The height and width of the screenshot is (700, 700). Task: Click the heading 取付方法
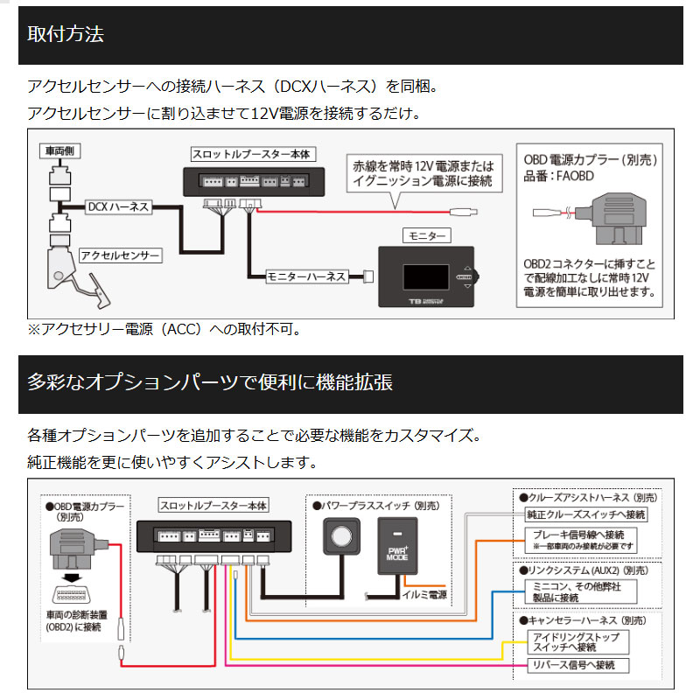pyautogui.click(x=66, y=36)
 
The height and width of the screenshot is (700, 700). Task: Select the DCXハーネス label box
pyautogui.click(x=118, y=207)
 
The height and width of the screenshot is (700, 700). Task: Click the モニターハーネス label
pyautogui.click(x=306, y=277)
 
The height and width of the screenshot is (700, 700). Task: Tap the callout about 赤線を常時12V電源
pyautogui.click(x=423, y=174)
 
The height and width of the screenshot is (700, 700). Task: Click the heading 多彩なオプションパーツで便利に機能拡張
pyautogui.click(x=210, y=382)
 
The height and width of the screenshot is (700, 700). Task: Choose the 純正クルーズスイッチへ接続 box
pyautogui.click(x=585, y=514)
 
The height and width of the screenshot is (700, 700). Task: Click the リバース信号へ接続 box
pyautogui.click(x=575, y=667)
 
